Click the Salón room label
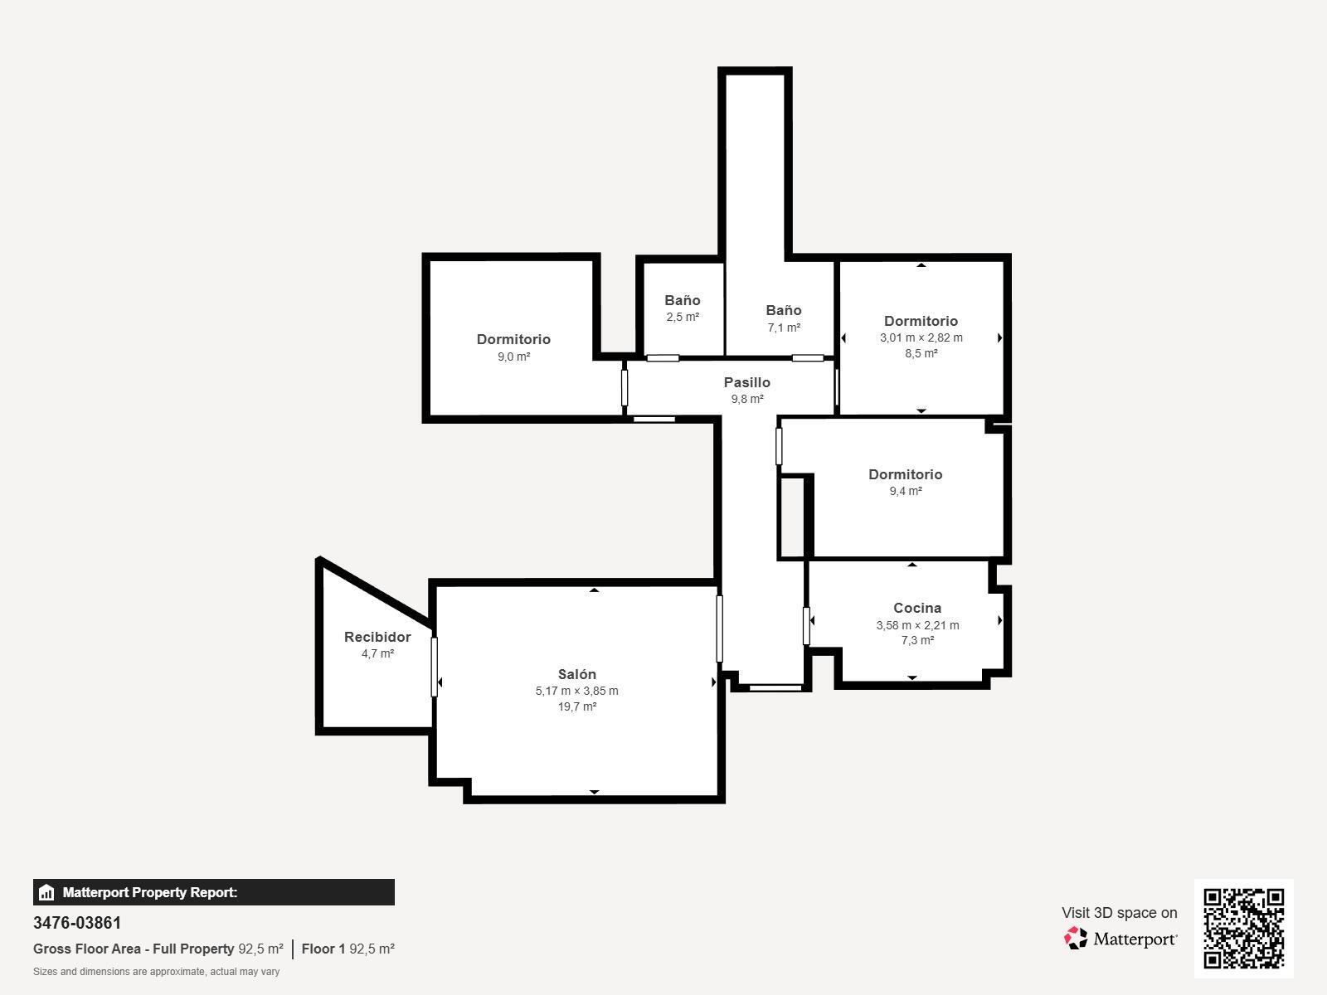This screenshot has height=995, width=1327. coord(576,674)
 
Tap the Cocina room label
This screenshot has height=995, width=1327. coord(916,608)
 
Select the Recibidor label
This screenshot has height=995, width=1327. coord(377,637)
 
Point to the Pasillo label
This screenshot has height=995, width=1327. coord(746,382)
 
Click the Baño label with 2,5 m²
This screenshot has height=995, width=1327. coord(682,300)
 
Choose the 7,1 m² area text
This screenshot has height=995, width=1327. coord(784,328)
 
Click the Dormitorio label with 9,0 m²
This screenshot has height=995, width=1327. coord(513,339)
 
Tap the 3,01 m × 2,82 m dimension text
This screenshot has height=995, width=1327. coord(921,337)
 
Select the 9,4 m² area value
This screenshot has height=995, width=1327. coord(906,491)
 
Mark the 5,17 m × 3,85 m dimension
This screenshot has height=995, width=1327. coord(576,691)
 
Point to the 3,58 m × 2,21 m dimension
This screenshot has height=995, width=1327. coord(917,625)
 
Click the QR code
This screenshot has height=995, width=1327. coord(1243,928)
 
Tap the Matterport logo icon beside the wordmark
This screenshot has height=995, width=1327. coord(1076,938)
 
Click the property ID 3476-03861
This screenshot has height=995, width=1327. coord(77,923)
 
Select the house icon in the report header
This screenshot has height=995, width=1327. coord(46,892)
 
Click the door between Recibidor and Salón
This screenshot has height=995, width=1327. coord(434,666)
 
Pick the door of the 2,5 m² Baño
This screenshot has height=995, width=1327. coord(663,358)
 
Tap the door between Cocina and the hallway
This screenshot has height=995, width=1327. coord(806,625)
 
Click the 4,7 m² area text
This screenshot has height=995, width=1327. coord(377,653)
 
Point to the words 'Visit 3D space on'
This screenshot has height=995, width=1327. coord(1119,913)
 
